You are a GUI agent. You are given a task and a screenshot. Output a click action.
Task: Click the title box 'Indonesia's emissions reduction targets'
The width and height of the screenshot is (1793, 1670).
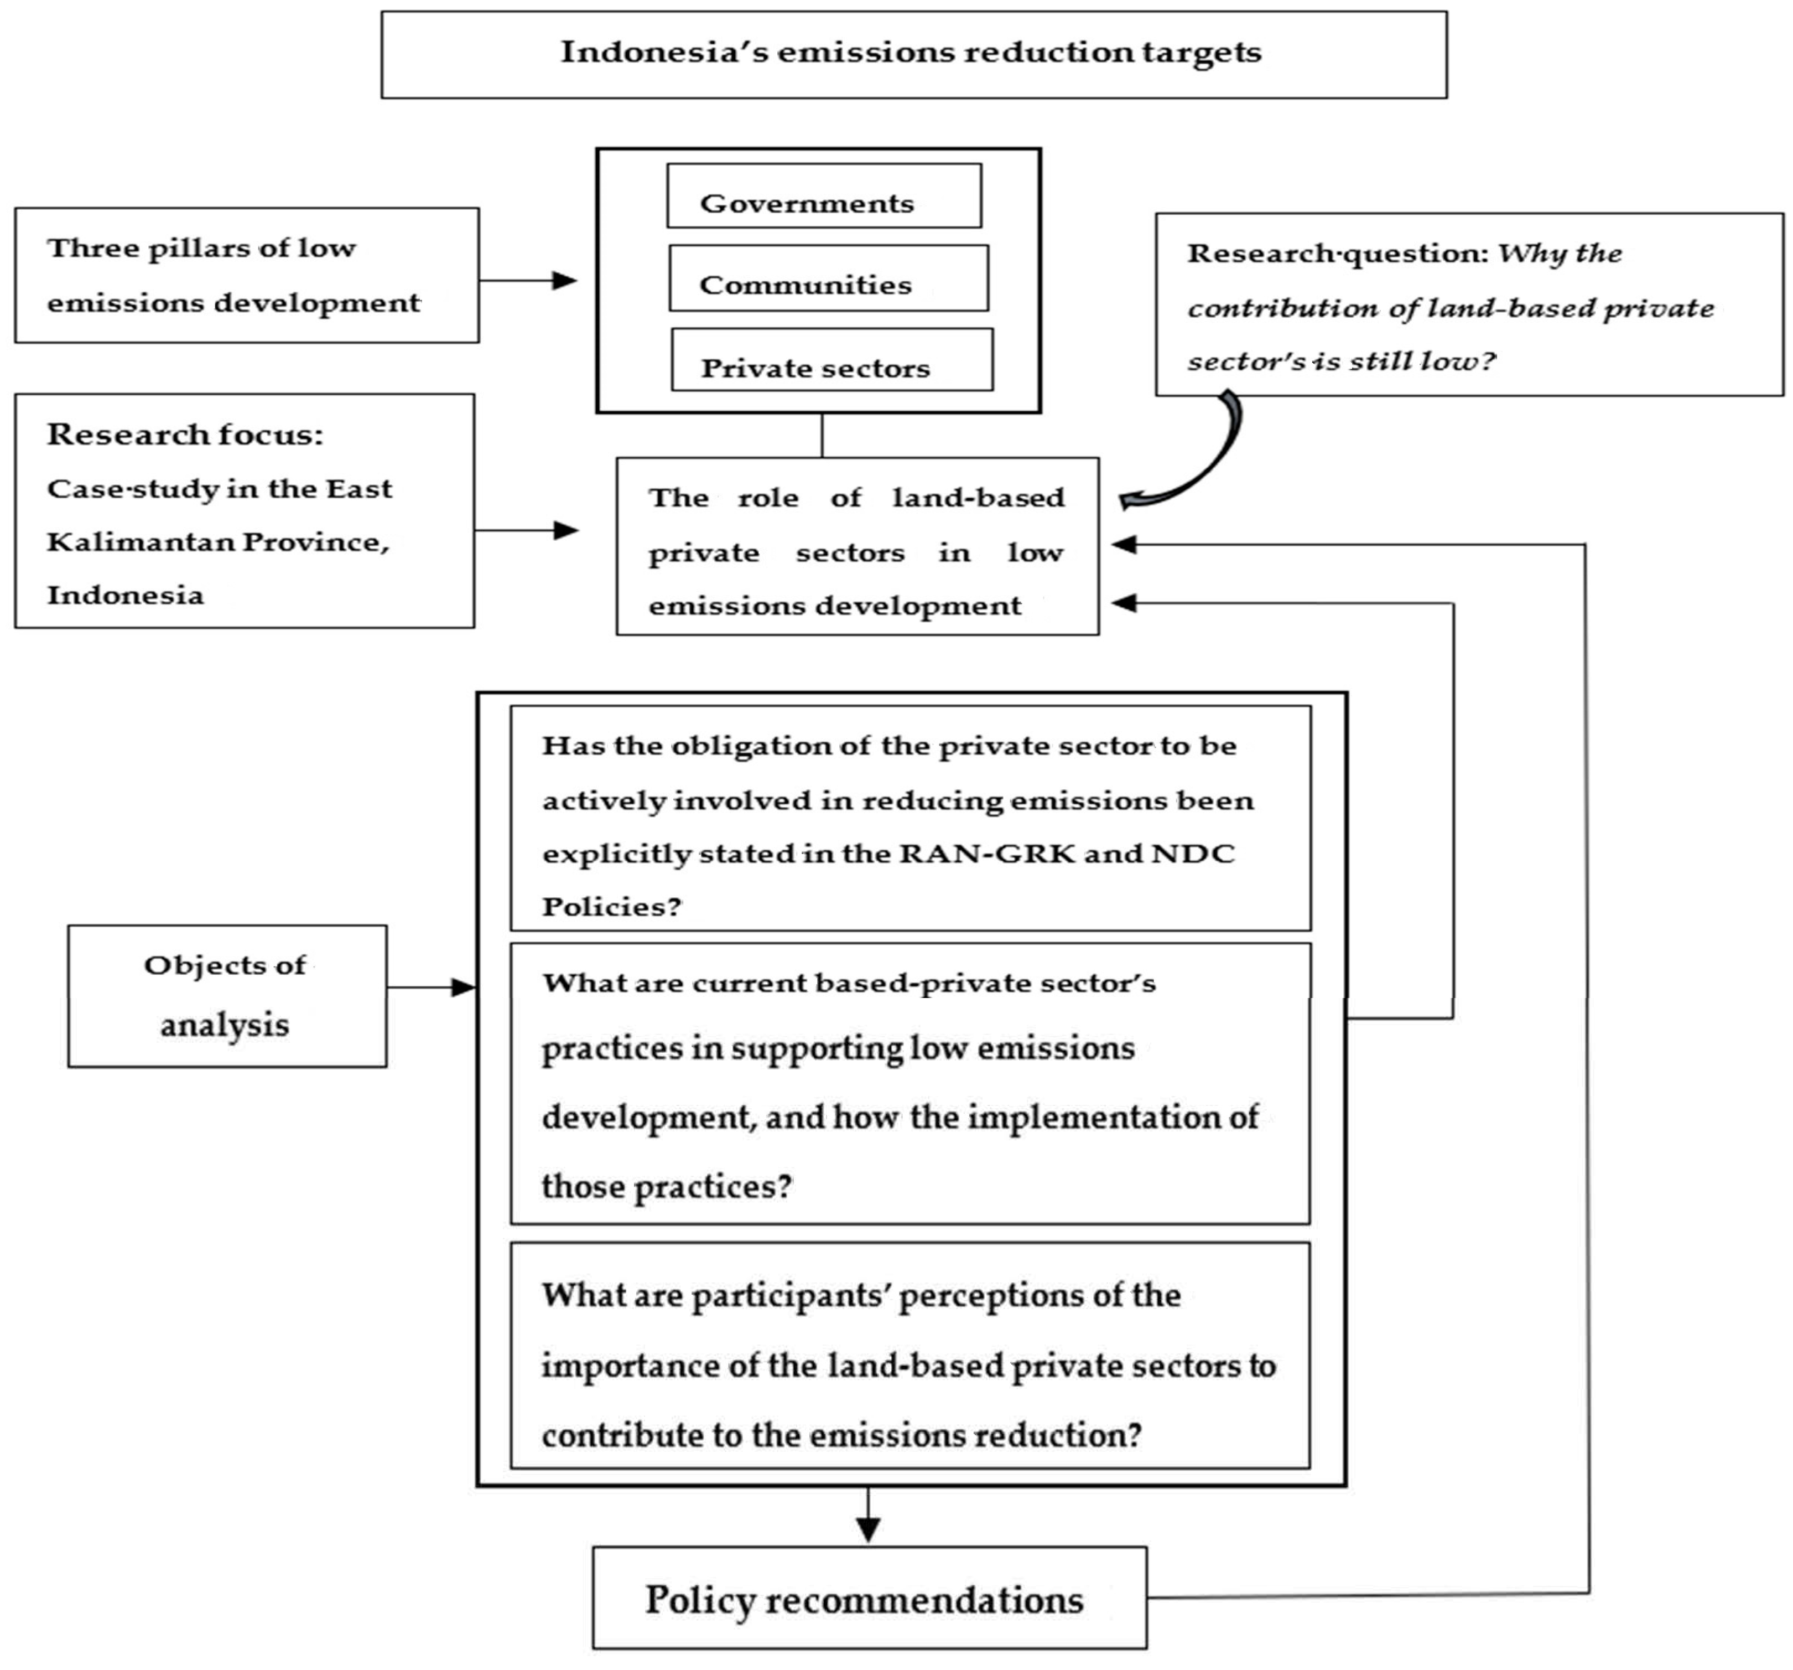click(x=913, y=54)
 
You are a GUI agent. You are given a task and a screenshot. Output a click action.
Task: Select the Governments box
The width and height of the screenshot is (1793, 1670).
click(x=823, y=196)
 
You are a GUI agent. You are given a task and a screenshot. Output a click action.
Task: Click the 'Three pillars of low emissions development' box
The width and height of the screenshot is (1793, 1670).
click(x=246, y=275)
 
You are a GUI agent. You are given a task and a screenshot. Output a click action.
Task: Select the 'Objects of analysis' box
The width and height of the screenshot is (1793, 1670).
click(x=227, y=996)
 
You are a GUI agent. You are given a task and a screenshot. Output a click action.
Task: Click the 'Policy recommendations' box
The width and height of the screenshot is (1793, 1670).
click(x=869, y=1600)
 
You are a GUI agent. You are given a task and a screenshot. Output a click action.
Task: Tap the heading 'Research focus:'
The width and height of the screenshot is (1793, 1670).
click(x=185, y=435)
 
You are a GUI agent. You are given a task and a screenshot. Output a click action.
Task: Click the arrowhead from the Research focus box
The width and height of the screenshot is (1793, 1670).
click(x=565, y=530)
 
